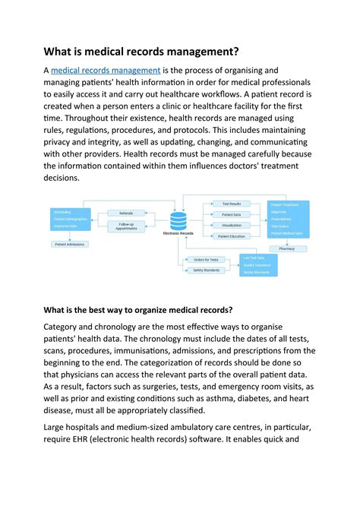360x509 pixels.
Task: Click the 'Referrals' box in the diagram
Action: [126, 213]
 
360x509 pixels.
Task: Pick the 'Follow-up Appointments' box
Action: [126, 226]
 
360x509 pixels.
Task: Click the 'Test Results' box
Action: [230, 204]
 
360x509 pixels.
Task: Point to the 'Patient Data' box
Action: [230, 214]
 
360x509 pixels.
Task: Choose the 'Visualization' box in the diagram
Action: [230, 226]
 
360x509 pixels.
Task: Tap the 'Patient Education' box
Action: [230, 236]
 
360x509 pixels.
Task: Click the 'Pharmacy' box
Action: [286, 248]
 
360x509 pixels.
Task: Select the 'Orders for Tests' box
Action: [206, 260]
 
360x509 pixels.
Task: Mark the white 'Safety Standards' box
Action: [206, 270]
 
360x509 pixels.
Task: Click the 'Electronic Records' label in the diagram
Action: [178, 233]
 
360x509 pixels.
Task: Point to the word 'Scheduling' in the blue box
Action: [62, 210]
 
